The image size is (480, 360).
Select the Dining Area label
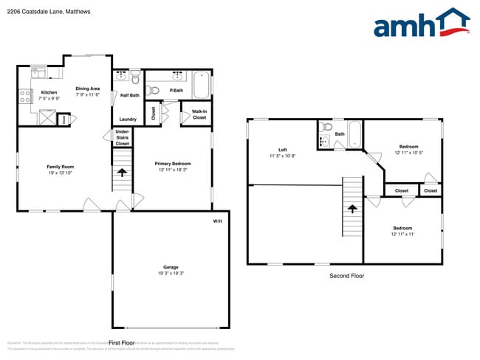tap(88, 89)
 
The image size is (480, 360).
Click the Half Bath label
tap(130, 94)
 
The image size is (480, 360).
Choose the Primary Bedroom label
tap(173, 164)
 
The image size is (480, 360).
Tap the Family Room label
tap(61, 167)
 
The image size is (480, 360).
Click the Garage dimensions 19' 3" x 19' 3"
tap(171, 274)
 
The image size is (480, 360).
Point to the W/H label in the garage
tap(217, 221)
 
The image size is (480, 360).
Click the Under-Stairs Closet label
tap(123, 137)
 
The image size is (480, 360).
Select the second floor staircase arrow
tap(352, 209)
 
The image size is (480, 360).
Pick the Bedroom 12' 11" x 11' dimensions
tap(402, 235)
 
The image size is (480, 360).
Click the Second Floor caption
tap(346, 276)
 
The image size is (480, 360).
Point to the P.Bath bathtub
tap(201, 86)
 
